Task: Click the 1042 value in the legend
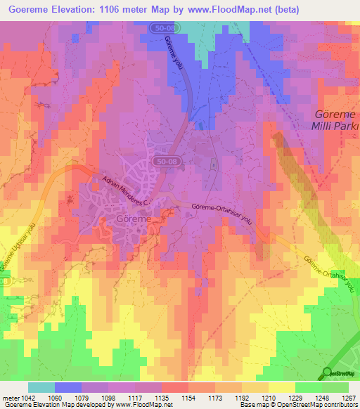[x=22, y=398]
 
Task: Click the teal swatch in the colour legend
[x=41, y=387]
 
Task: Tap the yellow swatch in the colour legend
[x=282, y=387]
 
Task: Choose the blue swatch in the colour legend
[x=68, y=387]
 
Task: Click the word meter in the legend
[x=9, y=398]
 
